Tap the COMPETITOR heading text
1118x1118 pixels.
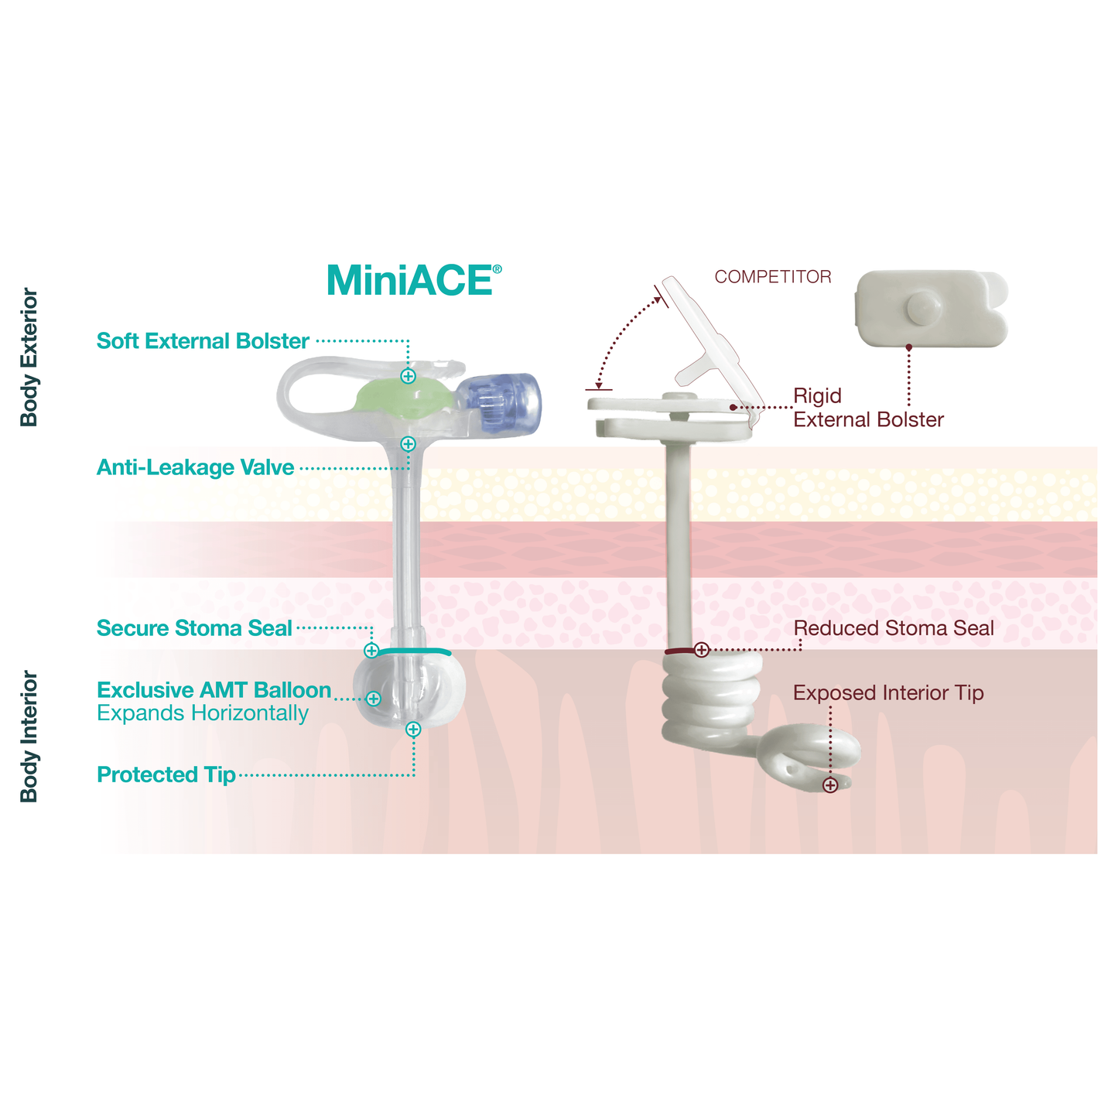(772, 277)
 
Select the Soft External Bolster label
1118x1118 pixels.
(203, 341)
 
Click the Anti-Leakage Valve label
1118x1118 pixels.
(195, 468)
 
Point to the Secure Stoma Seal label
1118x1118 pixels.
(194, 628)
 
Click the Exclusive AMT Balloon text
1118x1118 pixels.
(214, 690)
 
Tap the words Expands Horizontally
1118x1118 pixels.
(202, 713)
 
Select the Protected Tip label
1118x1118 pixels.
(166, 775)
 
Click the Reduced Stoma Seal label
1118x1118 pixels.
(894, 628)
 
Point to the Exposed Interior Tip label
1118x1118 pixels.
(888, 693)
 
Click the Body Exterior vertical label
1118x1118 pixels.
(29, 357)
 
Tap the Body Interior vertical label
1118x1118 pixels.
(29, 737)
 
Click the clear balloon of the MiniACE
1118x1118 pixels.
(410, 691)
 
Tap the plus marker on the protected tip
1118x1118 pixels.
(413, 729)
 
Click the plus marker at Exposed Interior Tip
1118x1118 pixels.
(830, 785)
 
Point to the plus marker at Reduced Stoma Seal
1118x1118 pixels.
(701, 650)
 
